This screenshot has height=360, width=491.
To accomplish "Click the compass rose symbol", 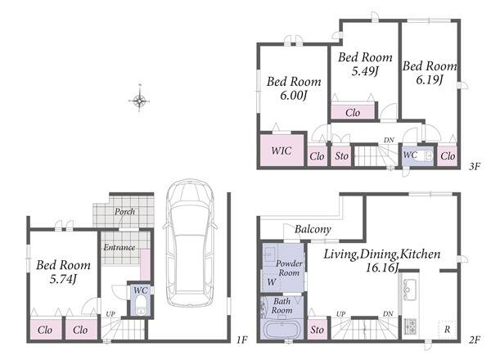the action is [139, 101].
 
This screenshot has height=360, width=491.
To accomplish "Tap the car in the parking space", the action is [190, 243].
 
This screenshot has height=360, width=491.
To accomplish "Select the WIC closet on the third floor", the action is [282, 151].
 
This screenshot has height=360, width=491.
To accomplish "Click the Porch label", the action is [124, 212].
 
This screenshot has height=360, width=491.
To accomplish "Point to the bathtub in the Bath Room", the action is [282, 330].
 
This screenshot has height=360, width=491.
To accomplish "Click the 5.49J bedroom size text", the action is [365, 71].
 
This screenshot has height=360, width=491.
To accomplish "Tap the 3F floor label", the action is [474, 166].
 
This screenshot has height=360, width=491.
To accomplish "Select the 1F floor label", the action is [241, 340].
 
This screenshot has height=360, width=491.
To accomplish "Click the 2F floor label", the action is [474, 340].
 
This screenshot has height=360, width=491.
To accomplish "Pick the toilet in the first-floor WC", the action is [142, 305].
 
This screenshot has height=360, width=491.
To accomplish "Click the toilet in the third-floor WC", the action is [425, 155].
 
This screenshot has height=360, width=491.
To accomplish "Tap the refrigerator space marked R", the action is [447, 330].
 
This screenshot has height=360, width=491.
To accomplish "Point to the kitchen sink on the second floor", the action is [409, 290].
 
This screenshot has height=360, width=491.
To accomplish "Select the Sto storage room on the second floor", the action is [318, 329].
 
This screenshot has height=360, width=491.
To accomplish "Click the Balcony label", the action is [313, 229].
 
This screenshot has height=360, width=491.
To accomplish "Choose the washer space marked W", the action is [271, 281].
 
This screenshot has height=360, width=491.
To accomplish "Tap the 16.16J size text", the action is [381, 268].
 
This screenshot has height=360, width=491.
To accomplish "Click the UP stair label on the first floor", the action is [110, 313].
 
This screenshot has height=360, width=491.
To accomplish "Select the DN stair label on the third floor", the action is [389, 140].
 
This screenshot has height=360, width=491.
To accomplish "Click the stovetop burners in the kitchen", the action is [409, 326].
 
